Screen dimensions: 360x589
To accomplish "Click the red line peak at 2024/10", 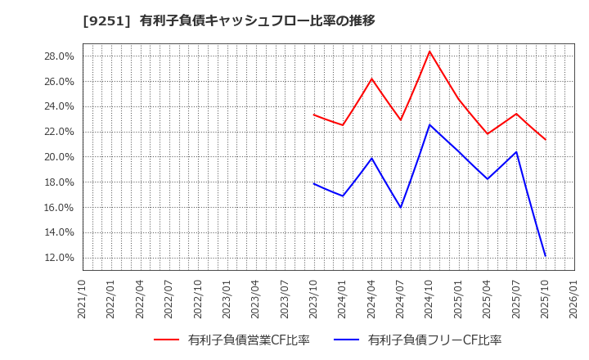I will coord(429,52).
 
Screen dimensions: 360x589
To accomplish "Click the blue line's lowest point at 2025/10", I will coord(545,256).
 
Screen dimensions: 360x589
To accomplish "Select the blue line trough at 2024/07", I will coord(401,207).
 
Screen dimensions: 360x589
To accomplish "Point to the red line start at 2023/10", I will coord(314,115).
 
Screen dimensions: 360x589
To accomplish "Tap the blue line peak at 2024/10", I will coord(429,124).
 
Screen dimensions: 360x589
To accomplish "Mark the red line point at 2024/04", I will coord(371,79).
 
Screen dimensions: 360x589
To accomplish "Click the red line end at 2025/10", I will coord(545,139).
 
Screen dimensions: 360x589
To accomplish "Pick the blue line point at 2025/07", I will coord(516,151).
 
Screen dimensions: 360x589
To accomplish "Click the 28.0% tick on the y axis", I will coord(59,56).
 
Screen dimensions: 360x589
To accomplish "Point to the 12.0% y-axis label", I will coord(59,258).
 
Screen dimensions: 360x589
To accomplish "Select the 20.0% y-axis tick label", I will coord(59,157).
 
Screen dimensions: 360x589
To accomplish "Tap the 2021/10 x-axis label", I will coord(83,299).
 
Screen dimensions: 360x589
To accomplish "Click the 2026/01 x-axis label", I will coord(574,299).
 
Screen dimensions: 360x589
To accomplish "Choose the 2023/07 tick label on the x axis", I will coord(285,299).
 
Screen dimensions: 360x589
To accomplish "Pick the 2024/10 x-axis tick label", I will coord(429,299).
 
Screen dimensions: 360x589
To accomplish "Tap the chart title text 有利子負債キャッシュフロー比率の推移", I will coord(257,20).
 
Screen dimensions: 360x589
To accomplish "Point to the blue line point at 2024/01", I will coord(343,196).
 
